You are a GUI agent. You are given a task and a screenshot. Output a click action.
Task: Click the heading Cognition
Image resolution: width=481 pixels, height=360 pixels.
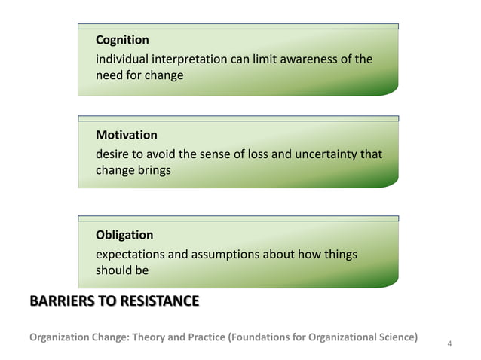(x=122, y=40)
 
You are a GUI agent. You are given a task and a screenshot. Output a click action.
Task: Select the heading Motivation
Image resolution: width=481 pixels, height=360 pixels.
(x=127, y=136)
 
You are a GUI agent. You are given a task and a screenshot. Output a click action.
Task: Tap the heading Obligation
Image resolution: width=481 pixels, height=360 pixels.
(x=124, y=235)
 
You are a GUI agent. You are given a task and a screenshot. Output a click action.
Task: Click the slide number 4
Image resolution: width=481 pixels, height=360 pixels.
(x=449, y=344)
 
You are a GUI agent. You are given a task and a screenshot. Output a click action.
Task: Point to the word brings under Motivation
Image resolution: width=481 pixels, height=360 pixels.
(x=155, y=170)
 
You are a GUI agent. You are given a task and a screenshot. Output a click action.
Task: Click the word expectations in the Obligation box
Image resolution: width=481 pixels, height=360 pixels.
(x=130, y=255)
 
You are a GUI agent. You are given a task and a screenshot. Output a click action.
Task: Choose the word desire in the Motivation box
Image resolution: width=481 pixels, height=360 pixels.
(x=112, y=154)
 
